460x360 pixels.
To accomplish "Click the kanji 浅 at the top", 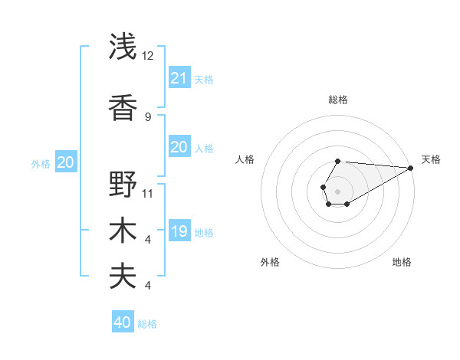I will point(123,47).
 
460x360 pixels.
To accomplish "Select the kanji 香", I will point(123,107).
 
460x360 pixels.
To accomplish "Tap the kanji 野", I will point(123,184).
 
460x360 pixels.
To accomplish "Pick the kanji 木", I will point(123,231).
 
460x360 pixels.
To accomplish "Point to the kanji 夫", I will point(123,277).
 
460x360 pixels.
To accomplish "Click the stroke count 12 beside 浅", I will point(148,55).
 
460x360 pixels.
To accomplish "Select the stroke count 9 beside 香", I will point(148,116).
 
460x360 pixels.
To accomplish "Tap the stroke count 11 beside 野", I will point(148,193).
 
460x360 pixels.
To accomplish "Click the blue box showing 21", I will point(179,77).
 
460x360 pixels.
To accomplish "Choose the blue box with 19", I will point(179,231).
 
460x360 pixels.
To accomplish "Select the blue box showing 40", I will point(123,322).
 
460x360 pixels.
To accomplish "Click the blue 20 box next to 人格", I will point(179,147).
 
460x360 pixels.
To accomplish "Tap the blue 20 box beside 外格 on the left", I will point(66,162).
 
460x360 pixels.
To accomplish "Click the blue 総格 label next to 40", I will point(147,324).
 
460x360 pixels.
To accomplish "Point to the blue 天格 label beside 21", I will point(204,79).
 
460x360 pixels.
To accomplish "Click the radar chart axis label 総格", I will point(337,100).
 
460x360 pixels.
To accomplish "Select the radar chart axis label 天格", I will point(431,159).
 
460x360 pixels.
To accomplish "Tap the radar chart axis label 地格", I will point(402,263).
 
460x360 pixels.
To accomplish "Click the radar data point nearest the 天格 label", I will point(410,168).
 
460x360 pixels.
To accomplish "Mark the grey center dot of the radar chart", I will point(337,191).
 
